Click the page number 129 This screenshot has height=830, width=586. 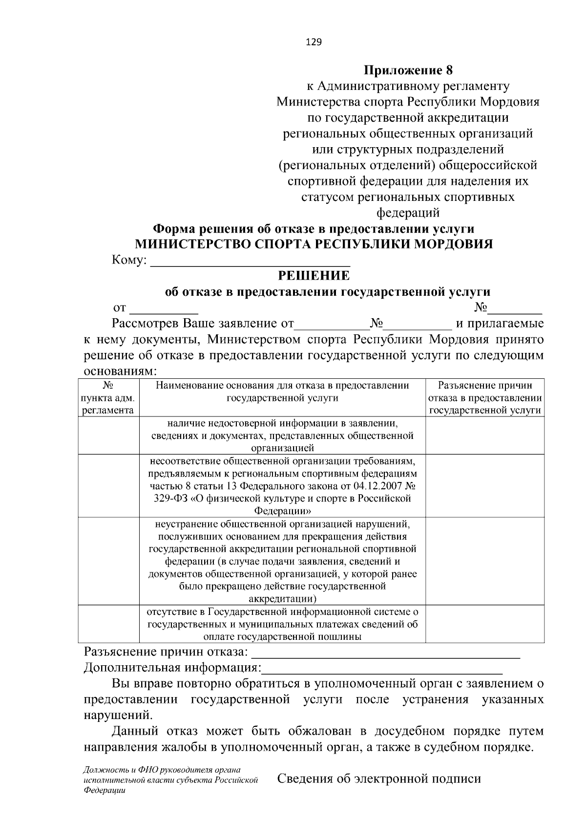314,42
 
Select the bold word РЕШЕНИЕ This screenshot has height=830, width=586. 314,276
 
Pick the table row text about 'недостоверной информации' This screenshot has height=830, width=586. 282,435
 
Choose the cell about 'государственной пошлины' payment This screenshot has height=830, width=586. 282,624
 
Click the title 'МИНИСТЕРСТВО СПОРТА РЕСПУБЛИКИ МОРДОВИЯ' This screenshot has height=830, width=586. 314,244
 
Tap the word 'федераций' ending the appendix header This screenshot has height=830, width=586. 408,213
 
